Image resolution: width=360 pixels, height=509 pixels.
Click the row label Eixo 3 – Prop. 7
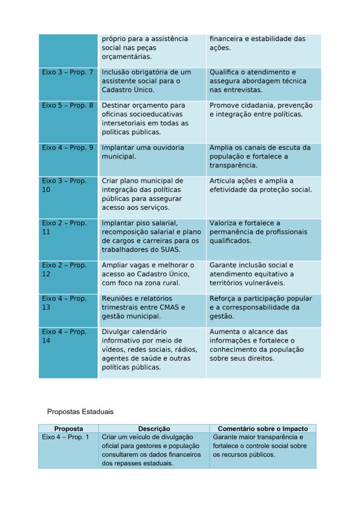tap(67, 73)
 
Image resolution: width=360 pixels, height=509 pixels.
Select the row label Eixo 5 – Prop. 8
tap(67, 106)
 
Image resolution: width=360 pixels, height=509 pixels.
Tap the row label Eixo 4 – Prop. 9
tap(67, 148)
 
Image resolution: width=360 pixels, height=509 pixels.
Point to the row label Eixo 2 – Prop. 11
tap(64, 228)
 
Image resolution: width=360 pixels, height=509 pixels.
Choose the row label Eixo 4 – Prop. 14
tap(64, 336)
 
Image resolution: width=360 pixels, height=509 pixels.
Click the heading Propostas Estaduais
tap(80, 412)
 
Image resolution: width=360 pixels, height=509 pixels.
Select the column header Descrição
tap(154, 428)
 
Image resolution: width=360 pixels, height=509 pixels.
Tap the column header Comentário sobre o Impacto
tap(263, 428)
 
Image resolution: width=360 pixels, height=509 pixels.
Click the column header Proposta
tap(69, 428)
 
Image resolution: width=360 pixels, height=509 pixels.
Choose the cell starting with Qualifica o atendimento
tap(258, 81)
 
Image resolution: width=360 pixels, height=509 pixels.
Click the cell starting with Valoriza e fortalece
tap(258, 232)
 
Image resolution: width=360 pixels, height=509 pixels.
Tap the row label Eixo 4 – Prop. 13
tap(64, 303)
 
